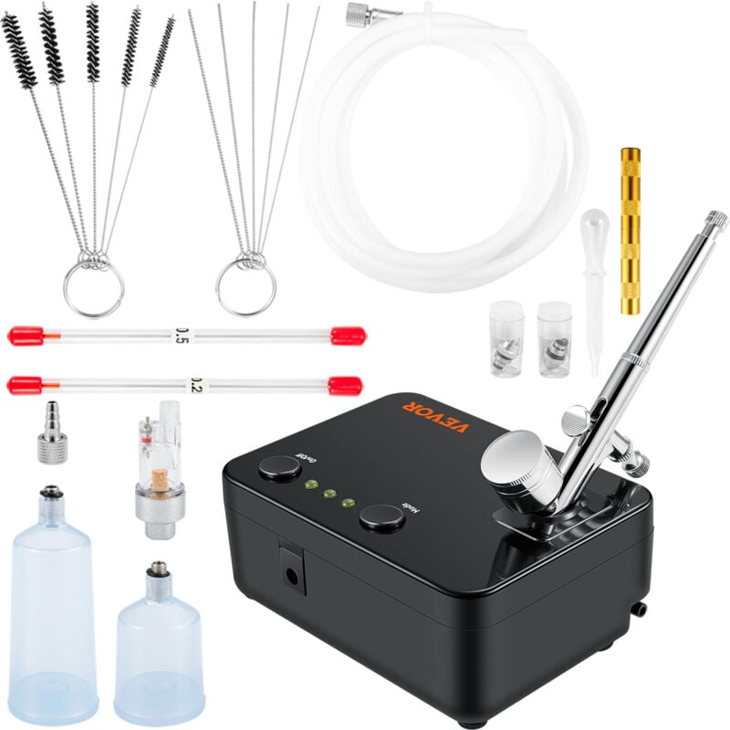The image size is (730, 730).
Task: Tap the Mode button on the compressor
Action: point(382,517)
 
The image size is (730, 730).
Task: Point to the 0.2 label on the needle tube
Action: point(195,384)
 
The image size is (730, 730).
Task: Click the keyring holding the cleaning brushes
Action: point(93,288)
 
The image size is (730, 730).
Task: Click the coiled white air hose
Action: point(429,146)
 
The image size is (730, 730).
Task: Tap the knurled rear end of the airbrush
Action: point(715,221)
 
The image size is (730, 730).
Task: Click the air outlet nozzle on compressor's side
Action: point(641,608)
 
